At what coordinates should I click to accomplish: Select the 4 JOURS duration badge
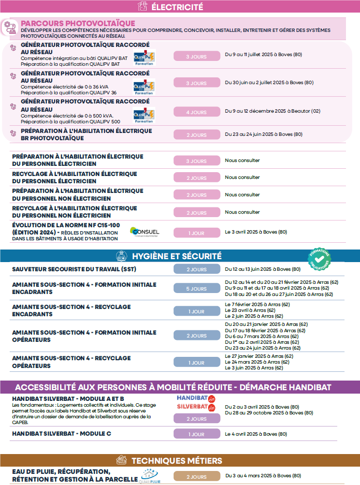pyautogui.click(x=196, y=112)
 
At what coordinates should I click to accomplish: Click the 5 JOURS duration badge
pyautogui.click(x=196, y=289)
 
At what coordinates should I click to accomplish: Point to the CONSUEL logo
pyautogui.click(x=145, y=232)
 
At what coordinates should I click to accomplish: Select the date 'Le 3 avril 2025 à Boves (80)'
pyautogui.click(x=256, y=232)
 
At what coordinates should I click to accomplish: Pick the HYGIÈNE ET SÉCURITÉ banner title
pyautogui.click(x=177, y=256)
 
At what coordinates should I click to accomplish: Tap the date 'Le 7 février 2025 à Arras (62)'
pyautogui.click(x=258, y=304)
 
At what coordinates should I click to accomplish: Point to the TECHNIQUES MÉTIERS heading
pyautogui.click(x=177, y=460)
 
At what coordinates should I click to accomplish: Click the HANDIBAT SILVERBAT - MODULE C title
pyautogui.click(x=61, y=434)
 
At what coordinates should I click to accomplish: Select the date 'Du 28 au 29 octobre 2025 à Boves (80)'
pyautogui.click(x=269, y=413)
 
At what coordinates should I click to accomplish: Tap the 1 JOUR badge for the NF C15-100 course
pyautogui.click(x=196, y=233)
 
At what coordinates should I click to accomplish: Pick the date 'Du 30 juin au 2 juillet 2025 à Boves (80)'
pyautogui.click(x=270, y=82)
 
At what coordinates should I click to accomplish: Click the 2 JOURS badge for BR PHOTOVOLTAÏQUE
pyautogui.click(x=196, y=135)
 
